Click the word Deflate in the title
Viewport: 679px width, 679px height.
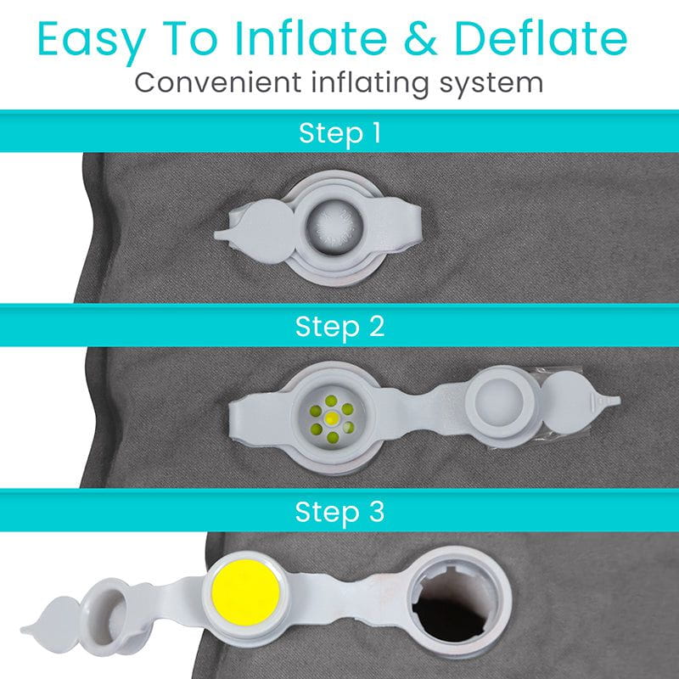[x=541, y=38]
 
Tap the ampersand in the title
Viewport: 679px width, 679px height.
[x=420, y=39]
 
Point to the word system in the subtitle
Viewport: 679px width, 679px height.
[x=491, y=84]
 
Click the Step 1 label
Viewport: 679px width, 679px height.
[x=339, y=133]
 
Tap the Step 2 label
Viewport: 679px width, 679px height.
[x=339, y=327]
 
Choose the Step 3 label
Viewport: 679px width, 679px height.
[x=339, y=512]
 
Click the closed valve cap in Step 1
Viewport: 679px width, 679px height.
[x=334, y=227]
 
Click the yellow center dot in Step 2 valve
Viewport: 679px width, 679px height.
[x=332, y=418]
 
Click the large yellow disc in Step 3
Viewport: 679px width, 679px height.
[x=245, y=592]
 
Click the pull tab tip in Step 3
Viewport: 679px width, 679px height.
[x=28, y=628]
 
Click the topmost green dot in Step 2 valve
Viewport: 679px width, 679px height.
[x=331, y=401]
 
